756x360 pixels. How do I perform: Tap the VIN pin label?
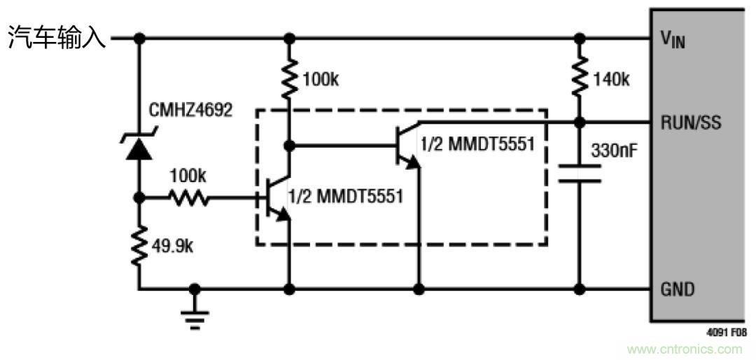[x=673, y=40]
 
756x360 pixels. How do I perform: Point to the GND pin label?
[x=677, y=289]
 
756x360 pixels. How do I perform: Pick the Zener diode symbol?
[x=139, y=147]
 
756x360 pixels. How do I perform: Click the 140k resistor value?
[x=610, y=80]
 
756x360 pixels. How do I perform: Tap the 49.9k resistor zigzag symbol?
[x=139, y=244]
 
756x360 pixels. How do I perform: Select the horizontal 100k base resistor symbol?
[x=188, y=199]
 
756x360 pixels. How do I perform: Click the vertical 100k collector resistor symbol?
[x=288, y=78]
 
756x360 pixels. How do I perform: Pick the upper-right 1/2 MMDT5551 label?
[x=477, y=145]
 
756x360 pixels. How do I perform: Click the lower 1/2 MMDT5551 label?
[x=347, y=198]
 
